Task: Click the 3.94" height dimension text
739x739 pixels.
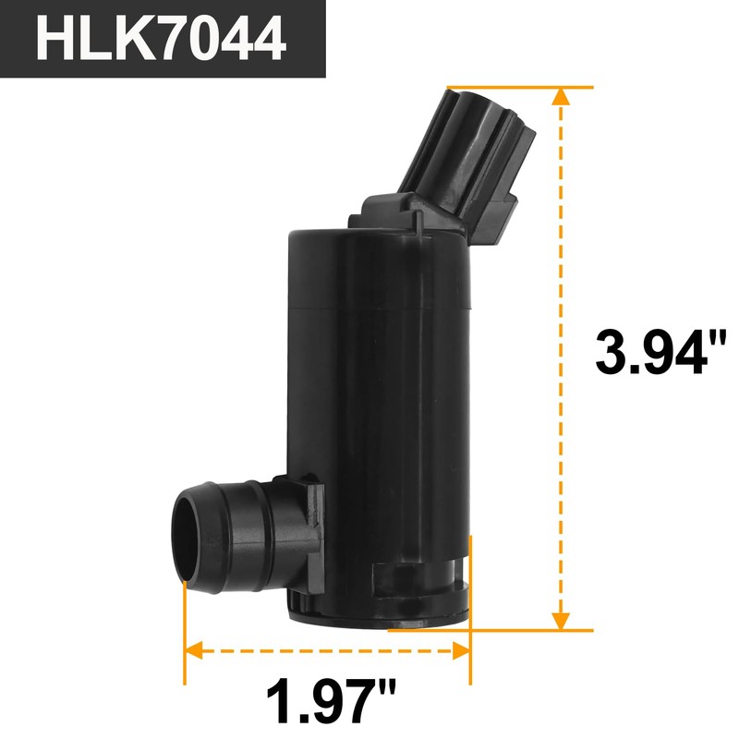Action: coord(650,356)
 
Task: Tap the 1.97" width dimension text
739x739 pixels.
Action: coord(328,700)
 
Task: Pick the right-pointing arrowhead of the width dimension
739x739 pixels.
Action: coord(462,651)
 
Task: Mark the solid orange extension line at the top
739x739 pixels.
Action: coord(517,87)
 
